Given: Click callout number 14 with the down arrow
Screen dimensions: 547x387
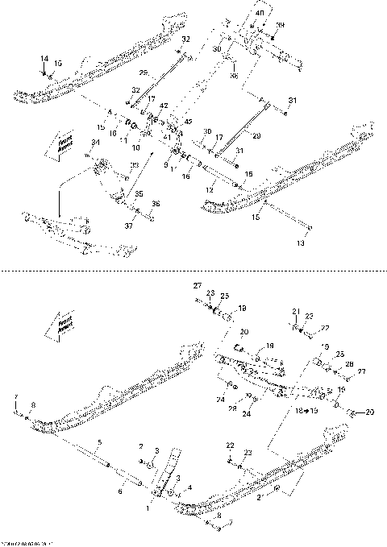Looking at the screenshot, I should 44,59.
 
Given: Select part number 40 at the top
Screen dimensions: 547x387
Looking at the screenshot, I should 260,14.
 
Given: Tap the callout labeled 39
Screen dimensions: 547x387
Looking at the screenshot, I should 281,26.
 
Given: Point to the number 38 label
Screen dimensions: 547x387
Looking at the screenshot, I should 234,76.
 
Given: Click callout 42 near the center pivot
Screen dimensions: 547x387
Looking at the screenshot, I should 164,106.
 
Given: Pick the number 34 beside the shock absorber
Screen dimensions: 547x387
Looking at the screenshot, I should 95,143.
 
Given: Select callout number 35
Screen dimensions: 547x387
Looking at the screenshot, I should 138,193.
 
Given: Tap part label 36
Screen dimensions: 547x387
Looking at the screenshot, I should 156,203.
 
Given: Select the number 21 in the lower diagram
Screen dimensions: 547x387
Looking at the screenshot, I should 295,310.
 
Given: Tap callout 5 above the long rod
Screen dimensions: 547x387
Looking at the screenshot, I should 100,442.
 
